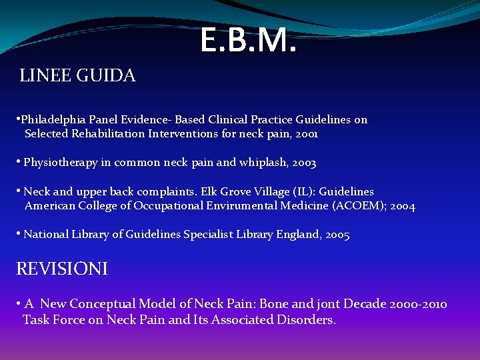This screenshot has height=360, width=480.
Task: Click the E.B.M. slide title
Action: [x=247, y=41]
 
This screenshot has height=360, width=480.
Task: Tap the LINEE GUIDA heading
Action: [x=78, y=76]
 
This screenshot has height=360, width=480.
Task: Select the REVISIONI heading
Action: [x=62, y=269]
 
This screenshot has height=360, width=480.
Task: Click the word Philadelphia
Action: [x=51, y=120]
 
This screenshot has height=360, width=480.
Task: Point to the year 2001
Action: [x=307, y=134]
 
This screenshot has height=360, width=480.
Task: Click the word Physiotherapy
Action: [x=58, y=163]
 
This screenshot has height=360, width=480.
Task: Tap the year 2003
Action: [x=305, y=163]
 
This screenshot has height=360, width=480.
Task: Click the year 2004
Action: [x=403, y=206]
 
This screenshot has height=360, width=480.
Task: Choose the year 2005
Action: [x=338, y=235]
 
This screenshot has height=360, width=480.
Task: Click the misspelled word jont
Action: [x=327, y=304]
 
